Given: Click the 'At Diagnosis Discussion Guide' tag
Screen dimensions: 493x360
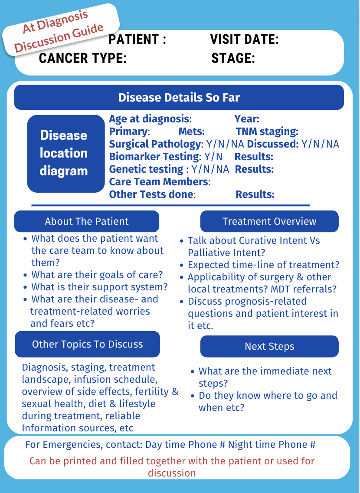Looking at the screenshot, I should point(61,30).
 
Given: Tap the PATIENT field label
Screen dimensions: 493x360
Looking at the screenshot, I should point(137,39).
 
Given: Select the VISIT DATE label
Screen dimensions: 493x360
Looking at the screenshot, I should point(244,39).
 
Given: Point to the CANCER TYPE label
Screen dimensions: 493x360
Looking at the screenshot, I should point(82,58).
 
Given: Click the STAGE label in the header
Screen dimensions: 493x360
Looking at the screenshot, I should point(233,58).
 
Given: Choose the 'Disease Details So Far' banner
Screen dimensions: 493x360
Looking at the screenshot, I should point(179,97).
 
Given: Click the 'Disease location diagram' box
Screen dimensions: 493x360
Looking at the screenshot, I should point(64,153).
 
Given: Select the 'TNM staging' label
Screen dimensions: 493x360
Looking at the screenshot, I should point(267,131).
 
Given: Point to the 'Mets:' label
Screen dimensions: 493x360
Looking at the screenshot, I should point(191,131).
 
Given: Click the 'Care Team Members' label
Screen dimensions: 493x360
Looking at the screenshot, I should point(159,182).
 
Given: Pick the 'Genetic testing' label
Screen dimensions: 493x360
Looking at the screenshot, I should point(146,169).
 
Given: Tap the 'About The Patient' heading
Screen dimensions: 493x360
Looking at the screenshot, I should point(87,221).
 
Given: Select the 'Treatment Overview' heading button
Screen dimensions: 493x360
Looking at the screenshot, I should point(269,221).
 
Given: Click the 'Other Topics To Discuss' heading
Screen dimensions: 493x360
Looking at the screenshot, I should point(87,344).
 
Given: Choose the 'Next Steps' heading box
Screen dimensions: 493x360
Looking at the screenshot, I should point(269,346).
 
